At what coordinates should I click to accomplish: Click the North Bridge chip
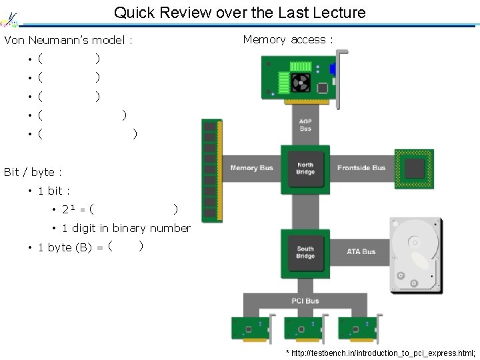pos(305,169)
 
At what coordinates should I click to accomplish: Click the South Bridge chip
pos(305,252)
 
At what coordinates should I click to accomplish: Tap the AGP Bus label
pos(305,125)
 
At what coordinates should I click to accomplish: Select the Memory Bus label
pos(251,168)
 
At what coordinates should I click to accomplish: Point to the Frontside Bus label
pos(361,168)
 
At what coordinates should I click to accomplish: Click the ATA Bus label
pos(361,252)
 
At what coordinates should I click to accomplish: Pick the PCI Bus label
pos(305,301)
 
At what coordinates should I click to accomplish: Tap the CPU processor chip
pos(414,168)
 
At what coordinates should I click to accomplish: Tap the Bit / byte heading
pos(33,172)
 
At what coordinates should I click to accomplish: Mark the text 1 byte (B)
pos(65,247)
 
